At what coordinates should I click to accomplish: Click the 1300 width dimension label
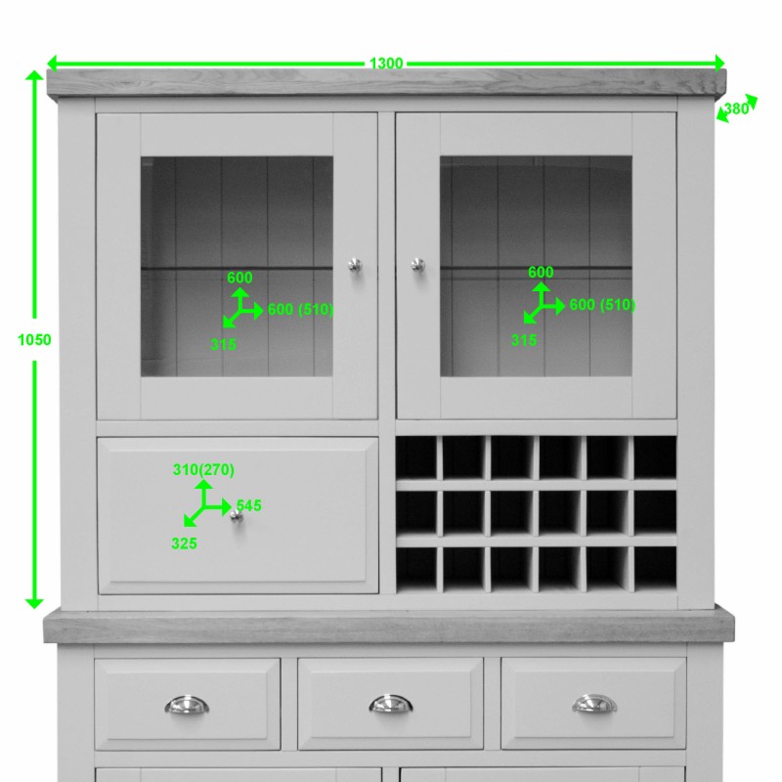pos(386,64)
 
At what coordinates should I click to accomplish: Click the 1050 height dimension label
pos(34,340)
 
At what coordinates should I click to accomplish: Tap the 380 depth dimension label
pos(736,109)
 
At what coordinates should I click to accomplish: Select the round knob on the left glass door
pos(354,264)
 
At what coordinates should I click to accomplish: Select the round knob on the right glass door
pos(417,264)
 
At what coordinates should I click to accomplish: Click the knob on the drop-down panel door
pos(236,515)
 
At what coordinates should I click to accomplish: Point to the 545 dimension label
pos(248,506)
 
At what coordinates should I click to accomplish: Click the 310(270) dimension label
pos(203,470)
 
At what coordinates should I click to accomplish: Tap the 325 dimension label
pos(184,543)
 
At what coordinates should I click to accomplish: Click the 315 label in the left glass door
pos(223,344)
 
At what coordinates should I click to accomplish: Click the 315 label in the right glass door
pos(524,340)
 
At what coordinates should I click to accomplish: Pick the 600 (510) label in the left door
pos(300,310)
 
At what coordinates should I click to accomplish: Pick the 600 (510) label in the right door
pos(602,305)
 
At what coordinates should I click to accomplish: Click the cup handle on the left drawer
pos(187,705)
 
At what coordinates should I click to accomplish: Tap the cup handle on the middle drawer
pos(391,704)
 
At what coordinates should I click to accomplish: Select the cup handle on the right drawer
pos(594,704)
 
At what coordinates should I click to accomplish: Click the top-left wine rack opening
pos(415,456)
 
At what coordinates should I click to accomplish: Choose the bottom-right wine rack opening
pos(655,568)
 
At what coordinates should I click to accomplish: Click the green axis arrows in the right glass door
pos(542,303)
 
